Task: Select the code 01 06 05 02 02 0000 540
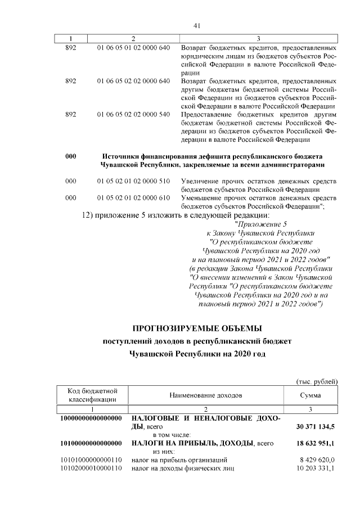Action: tap(133, 114)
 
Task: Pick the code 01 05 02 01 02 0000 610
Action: tap(133, 198)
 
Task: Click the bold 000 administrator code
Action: tap(71, 156)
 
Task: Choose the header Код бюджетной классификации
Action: tap(92, 395)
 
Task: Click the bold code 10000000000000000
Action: tap(92, 419)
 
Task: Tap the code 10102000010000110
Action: tap(92, 469)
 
